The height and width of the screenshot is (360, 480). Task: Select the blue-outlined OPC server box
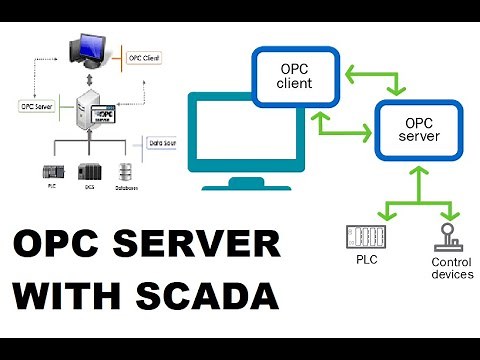[417, 129]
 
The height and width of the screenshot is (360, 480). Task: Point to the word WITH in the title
[61, 297]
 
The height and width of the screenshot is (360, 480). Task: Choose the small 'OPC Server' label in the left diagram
[36, 103]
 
